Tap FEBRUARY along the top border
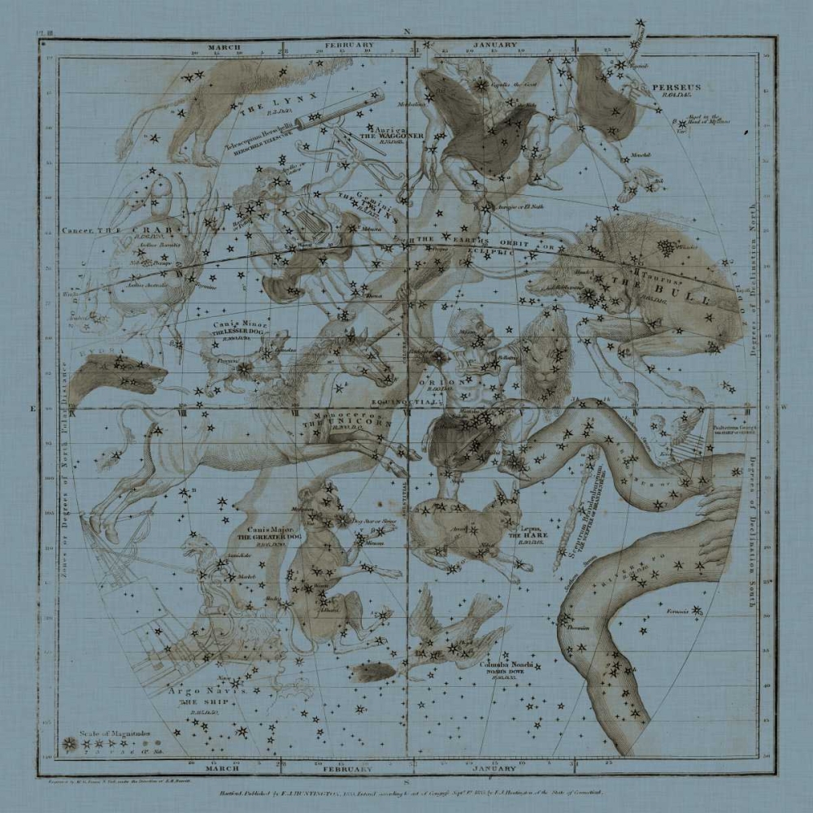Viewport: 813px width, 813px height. click(x=350, y=46)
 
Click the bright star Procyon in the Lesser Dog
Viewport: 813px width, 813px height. click(x=244, y=368)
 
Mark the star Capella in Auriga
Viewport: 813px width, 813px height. click(x=481, y=85)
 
